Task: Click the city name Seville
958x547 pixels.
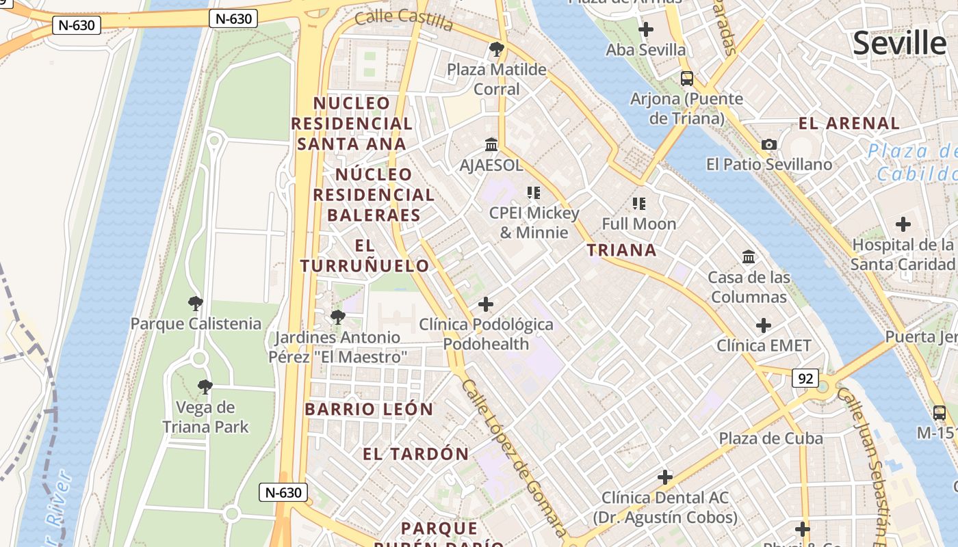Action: click(x=899, y=43)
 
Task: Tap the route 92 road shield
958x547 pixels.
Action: click(x=805, y=377)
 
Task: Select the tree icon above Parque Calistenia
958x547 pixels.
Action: click(x=196, y=303)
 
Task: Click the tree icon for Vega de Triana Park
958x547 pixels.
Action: click(x=205, y=387)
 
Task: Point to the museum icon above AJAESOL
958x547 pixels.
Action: click(x=491, y=144)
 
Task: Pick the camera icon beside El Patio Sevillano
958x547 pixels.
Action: click(x=769, y=144)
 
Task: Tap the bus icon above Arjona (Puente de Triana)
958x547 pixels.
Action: click(x=687, y=78)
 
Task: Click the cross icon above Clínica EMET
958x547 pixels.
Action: click(x=764, y=325)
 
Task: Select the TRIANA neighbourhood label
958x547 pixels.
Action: click(x=622, y=250)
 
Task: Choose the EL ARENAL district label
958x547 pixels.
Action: click(x=849, y=124)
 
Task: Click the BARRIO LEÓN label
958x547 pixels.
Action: click(x=369, y=410)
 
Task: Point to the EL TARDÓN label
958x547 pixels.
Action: click(x=416, y=454)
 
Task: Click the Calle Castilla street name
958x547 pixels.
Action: click(x=404, y=19)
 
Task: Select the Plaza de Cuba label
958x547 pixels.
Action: click(x=771, y=438)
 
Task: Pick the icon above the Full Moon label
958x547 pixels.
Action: click(x=639, y=204)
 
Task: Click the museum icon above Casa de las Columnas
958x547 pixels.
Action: click(x=749, y=257)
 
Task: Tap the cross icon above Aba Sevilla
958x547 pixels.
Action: click(x=645, y=29)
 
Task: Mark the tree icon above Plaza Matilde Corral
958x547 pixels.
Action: click(x=497, y=49)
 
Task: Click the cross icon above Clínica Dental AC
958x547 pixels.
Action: click(x=664, y=477)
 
